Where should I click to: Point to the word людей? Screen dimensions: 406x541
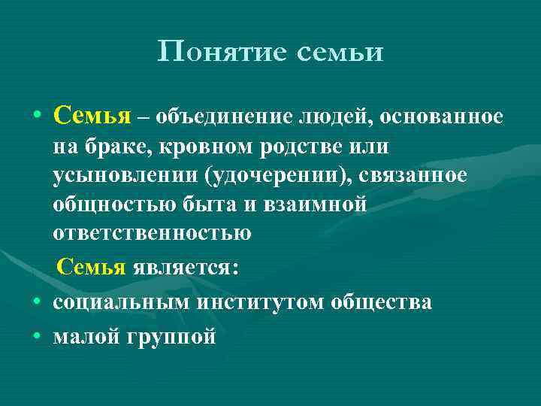[x=334, y=117]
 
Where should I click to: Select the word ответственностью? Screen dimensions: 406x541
[x=153, y=233]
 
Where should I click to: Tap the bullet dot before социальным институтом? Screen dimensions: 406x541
[x=36, y=302]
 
